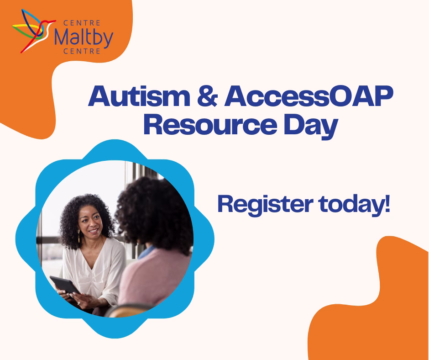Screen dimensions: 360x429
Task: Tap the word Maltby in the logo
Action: pyautogui.click(x=83, y=37)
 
